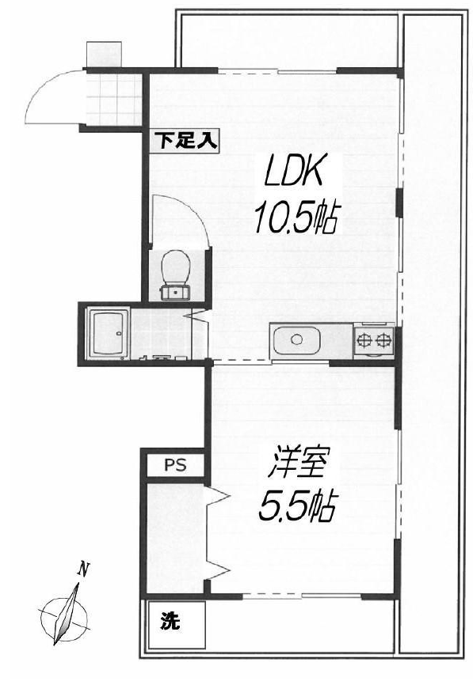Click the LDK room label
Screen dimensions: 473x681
coord(294,172)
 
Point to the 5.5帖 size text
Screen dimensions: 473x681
coord(297,506)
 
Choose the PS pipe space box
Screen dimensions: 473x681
coord(175,465)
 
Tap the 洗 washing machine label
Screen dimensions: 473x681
coord(170,622)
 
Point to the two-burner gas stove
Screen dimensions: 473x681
coord(374,339)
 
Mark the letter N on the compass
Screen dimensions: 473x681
coord(84,569)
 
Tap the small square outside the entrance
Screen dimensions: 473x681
coord(104,55)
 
